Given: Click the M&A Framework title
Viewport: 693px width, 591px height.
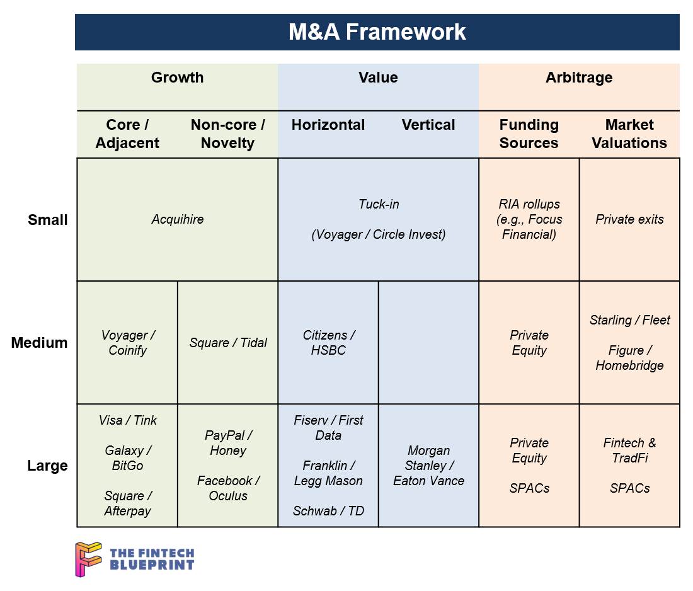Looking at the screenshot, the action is point(377,32).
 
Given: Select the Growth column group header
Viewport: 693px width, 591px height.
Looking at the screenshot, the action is point(177,77).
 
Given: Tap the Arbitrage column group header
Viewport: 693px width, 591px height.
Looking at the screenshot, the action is point(579,77).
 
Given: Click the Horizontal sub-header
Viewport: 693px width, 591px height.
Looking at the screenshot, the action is point(328,125).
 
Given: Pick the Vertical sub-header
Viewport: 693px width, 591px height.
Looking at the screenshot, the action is point(428,125).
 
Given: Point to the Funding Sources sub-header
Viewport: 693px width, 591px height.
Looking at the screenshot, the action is point(529,134).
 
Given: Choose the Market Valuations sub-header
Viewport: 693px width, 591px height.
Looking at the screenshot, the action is point(629,134).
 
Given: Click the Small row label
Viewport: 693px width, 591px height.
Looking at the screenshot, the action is point(48,220).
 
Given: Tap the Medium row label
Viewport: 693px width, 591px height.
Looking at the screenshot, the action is point(39,343).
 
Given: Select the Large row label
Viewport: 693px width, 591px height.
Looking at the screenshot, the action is point(48,466).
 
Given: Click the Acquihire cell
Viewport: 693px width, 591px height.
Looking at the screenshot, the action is point(178,219).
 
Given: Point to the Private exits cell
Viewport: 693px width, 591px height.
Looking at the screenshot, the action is point(629,219).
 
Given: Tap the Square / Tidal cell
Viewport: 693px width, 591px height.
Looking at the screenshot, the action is point(228,343).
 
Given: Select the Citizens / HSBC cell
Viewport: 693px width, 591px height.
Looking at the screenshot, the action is point(328,343).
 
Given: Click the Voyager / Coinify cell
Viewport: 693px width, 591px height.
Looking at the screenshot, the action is point(128,343).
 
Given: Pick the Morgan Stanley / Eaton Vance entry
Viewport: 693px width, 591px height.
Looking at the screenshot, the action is point(428,466).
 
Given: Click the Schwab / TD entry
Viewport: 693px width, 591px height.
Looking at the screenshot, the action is point(328,511).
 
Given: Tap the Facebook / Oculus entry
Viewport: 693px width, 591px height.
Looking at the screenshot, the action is point(228,488).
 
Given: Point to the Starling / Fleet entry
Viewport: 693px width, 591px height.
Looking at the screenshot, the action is point(630,320).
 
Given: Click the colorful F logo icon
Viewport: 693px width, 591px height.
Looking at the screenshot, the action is point(88,559).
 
